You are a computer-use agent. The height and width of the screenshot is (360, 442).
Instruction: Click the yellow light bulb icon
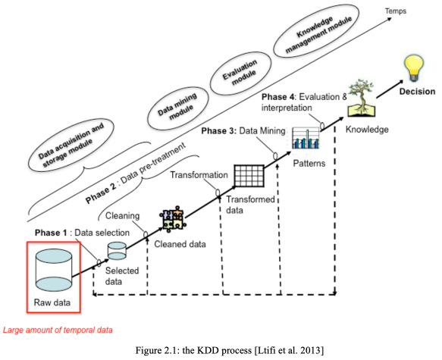click(x=414, y=68)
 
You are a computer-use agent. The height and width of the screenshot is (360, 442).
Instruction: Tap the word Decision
click(x=417, y=92)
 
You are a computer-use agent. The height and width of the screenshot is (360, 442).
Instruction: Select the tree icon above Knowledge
click(x=362, y=98)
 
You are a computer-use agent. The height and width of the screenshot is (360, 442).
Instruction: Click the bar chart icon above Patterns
click(x=306, y=138)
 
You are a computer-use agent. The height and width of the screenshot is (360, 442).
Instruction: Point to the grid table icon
click(x=249, y=176)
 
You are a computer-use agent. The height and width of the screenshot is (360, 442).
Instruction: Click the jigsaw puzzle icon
click(x=173, y=219)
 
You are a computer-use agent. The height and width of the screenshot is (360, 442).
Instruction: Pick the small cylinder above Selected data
click(x=118, y=251)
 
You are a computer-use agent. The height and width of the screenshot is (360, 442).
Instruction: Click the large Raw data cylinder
click(x=54, y=270)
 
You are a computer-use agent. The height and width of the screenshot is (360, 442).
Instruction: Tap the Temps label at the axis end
click(x=396, y=11)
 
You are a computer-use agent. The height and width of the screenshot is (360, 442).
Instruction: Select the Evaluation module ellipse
click(x=240, y=73)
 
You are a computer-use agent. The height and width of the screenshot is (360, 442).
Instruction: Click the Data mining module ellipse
click(x=178, y=108)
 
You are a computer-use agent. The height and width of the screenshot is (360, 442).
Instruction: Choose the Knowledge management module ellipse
click(x=317, y=31)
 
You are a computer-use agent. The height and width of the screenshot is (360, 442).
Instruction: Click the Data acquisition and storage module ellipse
click(x=71, y=145)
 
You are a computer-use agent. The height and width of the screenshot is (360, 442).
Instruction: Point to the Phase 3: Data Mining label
click(x=243, y=131)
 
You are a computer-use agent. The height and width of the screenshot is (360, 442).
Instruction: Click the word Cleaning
click(x=122, y=216)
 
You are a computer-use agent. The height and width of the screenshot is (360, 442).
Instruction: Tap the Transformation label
click(x=199, y=175)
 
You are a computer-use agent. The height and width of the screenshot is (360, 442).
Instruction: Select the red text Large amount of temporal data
click(x=58, y=330)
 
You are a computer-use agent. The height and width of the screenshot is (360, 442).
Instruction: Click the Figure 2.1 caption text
click(x=230, y=350)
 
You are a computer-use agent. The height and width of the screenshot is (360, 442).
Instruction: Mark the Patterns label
click(x=309, y=164)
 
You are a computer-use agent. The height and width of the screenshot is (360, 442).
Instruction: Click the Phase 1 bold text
click(x=51, y=233)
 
